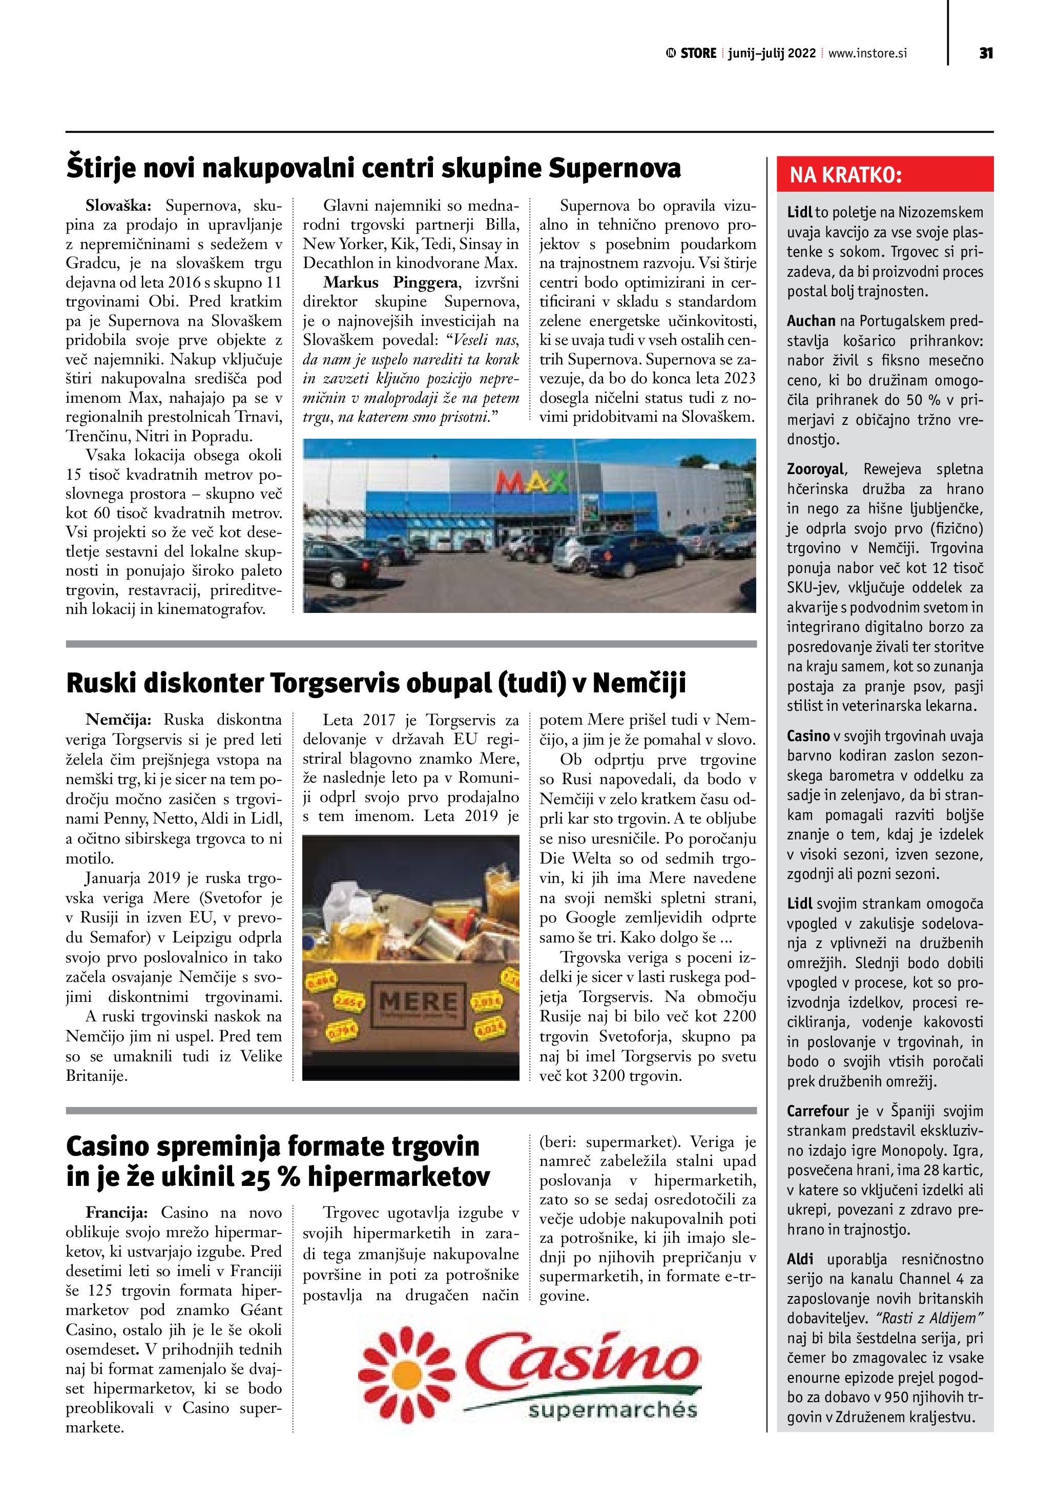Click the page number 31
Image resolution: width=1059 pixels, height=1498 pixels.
click(986, 53)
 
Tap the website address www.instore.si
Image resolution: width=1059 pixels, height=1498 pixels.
click(867, 53)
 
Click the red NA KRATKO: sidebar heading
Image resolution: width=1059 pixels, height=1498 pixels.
click(846, 175)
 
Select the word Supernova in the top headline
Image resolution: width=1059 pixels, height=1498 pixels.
click(614, 168)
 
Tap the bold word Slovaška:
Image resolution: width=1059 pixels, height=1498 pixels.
click(118, 206)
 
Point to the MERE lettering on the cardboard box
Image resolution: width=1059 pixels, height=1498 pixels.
click(418, 1002)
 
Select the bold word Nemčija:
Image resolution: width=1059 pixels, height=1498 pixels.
click(118, 720)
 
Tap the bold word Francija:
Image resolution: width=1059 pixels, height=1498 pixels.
click(117, 1213)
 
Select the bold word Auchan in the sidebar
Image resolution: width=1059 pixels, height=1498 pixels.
click(811, 321)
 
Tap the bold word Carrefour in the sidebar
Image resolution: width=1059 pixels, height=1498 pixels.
click(818, 1111)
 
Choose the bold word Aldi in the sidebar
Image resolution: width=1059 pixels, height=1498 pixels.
click(800, 1259)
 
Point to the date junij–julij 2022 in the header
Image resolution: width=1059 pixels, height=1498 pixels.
click(772, 53)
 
